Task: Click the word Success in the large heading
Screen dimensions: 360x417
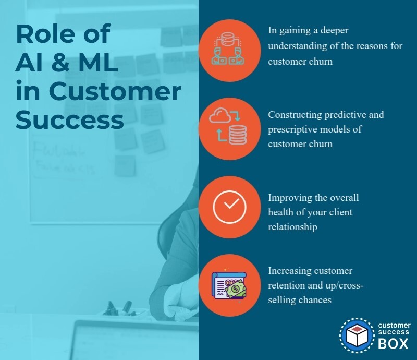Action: pos(69,119)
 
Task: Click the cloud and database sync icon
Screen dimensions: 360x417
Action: pos(229,128)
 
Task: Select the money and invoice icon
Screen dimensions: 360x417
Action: pos(229,285)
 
